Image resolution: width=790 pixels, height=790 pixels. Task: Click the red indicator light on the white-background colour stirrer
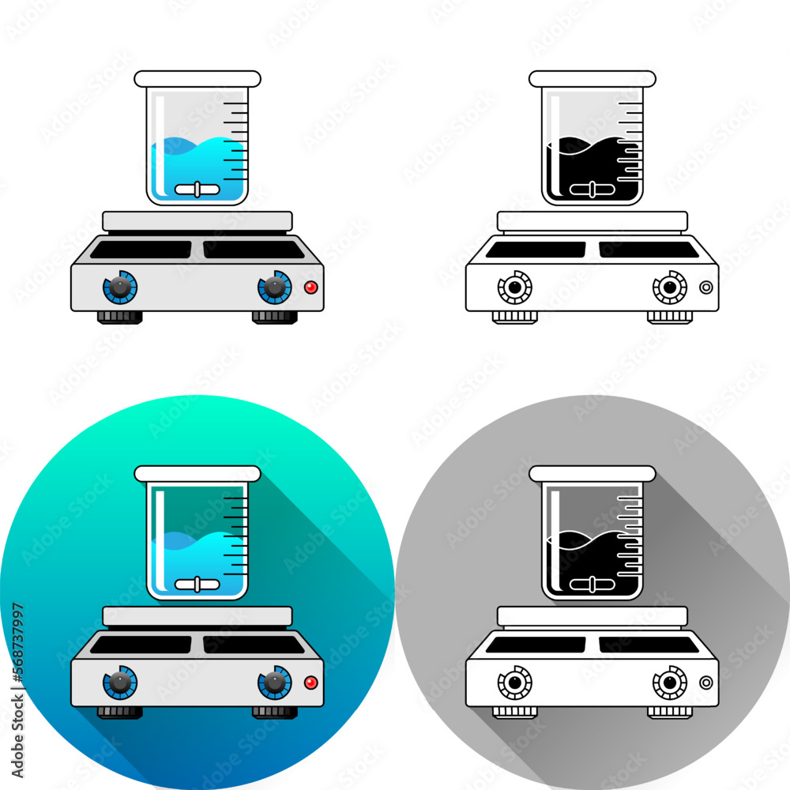coord(311,288)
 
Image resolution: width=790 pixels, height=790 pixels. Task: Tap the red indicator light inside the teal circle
coord(311,683)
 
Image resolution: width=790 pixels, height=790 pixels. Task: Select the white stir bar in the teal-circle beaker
coord(197,585)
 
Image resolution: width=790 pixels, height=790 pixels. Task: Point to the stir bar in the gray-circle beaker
coord(592,585)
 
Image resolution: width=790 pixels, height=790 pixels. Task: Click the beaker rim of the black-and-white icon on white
coord(592,78)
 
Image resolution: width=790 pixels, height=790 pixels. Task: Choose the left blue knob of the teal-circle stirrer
coord(120,683)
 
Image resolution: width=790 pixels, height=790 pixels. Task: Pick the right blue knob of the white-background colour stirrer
coord(275,288)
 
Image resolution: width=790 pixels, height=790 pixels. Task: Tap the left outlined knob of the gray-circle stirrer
coord(515,683)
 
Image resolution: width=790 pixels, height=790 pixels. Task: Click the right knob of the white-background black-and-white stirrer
coord(670,288)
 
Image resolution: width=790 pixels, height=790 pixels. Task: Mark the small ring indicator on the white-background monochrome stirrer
coord(706,288)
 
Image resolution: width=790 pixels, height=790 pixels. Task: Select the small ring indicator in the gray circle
coord(706,683)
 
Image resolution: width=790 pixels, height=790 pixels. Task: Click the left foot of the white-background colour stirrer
coord(120,317)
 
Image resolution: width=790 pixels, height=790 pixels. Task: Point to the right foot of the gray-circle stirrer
coord(670,712)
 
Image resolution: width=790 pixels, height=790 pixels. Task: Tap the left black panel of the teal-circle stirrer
coord(141,645)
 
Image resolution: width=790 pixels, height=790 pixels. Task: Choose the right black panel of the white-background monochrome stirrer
coord(649,250)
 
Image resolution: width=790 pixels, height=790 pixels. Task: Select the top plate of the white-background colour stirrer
coord(197,220)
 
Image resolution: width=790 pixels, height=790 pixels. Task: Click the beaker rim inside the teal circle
coord(197,473)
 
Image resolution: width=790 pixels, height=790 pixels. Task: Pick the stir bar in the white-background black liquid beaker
coord(592,190)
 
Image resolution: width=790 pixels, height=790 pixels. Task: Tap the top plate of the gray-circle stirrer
coord(592,615)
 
